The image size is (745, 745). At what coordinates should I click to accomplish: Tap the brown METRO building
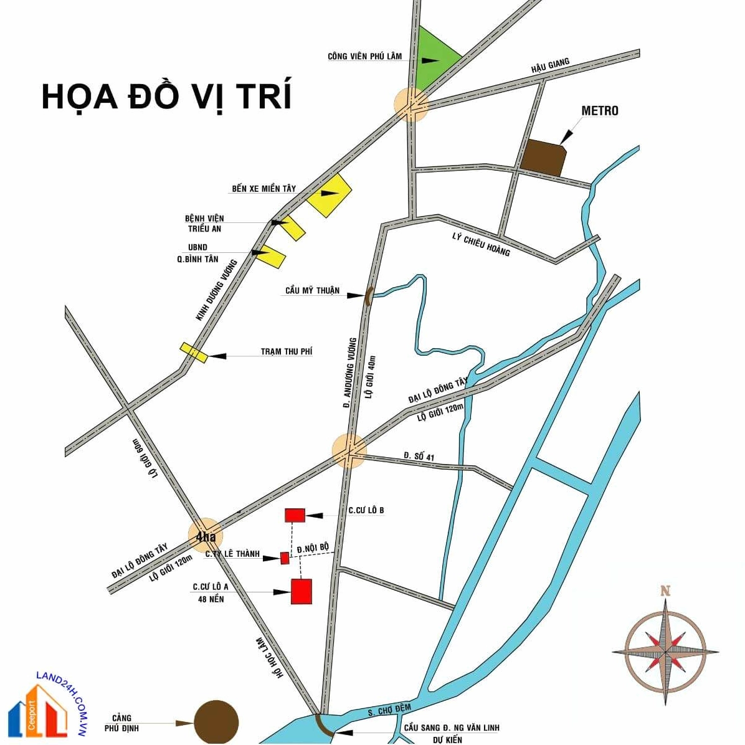pos(543,158)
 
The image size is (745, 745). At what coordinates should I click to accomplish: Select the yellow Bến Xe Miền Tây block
pos(329,195)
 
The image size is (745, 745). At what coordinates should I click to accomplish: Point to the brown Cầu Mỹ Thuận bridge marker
pos(368,296)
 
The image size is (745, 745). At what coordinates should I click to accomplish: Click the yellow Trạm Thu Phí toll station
pos(194,353)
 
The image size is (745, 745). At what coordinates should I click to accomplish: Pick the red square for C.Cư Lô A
pos(301,591)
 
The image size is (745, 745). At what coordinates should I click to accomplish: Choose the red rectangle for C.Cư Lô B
pos(295,515)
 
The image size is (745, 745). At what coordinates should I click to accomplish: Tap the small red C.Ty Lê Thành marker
pos(285,558)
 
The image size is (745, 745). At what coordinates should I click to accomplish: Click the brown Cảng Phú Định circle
pos(216,723)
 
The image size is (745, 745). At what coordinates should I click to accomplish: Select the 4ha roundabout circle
pos(205,536)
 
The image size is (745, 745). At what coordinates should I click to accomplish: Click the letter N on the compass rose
pos(665,591)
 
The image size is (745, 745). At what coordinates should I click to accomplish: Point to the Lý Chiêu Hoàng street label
pos(481,244)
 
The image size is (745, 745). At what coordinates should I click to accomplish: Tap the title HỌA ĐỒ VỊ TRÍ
pos(166,97)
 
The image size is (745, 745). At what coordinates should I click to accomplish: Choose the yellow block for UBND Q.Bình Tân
pos(273,256)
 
